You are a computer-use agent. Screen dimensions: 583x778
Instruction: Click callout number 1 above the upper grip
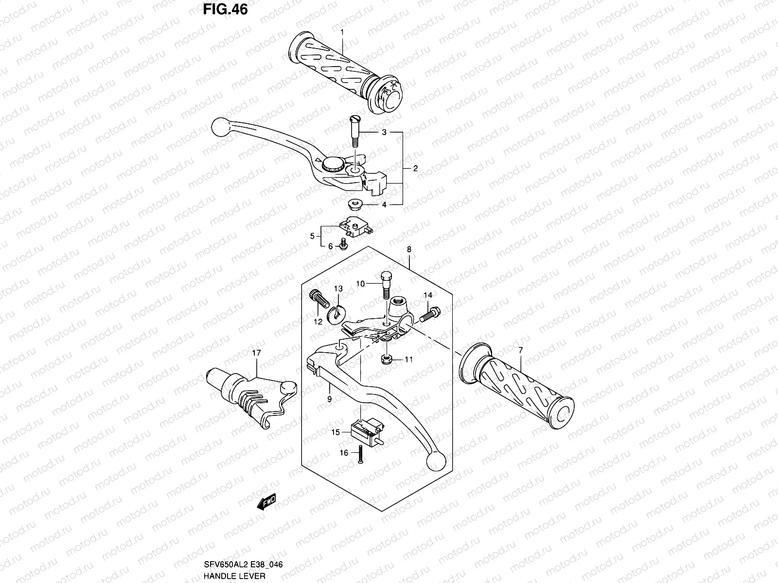coord(342,32)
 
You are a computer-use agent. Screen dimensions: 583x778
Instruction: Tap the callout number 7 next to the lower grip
coord(520,350)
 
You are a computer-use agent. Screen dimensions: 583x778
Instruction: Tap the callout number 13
coord(338,289)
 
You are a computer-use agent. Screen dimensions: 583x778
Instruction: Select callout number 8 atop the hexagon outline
coord(409,249)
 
